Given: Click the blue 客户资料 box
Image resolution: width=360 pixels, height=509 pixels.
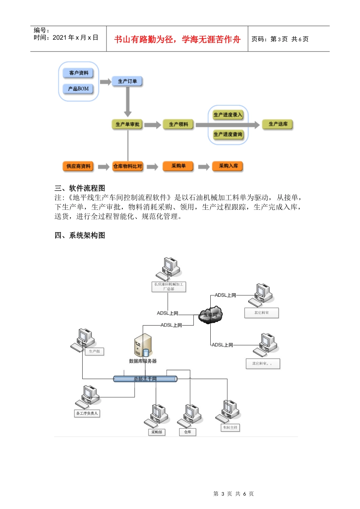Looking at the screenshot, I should tap(78, 73).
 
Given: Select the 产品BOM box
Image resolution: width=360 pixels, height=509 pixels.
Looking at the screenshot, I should tap(78, 89).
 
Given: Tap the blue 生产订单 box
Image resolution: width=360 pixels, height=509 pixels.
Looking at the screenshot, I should tap(127, 81).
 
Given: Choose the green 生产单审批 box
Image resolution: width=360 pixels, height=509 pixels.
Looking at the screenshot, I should tap(127, 124).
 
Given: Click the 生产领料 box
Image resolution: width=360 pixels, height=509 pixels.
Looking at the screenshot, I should tap(178, 124).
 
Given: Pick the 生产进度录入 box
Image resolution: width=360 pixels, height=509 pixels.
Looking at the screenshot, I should tap(228, 115).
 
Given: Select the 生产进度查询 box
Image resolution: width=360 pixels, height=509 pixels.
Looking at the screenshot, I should tap(228, 134).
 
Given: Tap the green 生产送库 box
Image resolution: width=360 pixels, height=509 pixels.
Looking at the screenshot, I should tap(278, 124).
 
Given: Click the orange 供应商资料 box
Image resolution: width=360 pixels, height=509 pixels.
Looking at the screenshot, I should tap(78, 166).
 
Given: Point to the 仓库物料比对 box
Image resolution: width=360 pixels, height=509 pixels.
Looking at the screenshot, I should tap(128, 166).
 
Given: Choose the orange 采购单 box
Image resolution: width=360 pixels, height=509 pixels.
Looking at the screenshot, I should tap(178, 166).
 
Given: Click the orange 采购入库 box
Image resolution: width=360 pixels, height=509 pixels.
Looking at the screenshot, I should tap(229, 166).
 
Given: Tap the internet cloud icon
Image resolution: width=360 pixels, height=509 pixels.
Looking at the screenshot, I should tap(211, 315).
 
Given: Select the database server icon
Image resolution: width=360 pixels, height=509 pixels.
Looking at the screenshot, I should tap(143, 345).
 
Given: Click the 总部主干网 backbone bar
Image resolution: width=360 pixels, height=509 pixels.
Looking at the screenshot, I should tap(145, 379).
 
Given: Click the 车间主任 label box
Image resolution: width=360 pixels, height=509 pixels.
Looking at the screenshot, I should tap(230, 428).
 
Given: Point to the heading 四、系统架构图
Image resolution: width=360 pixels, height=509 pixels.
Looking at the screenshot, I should tap(80, 236).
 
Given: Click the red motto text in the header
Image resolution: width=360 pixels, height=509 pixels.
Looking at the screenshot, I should tap(177, 39).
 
